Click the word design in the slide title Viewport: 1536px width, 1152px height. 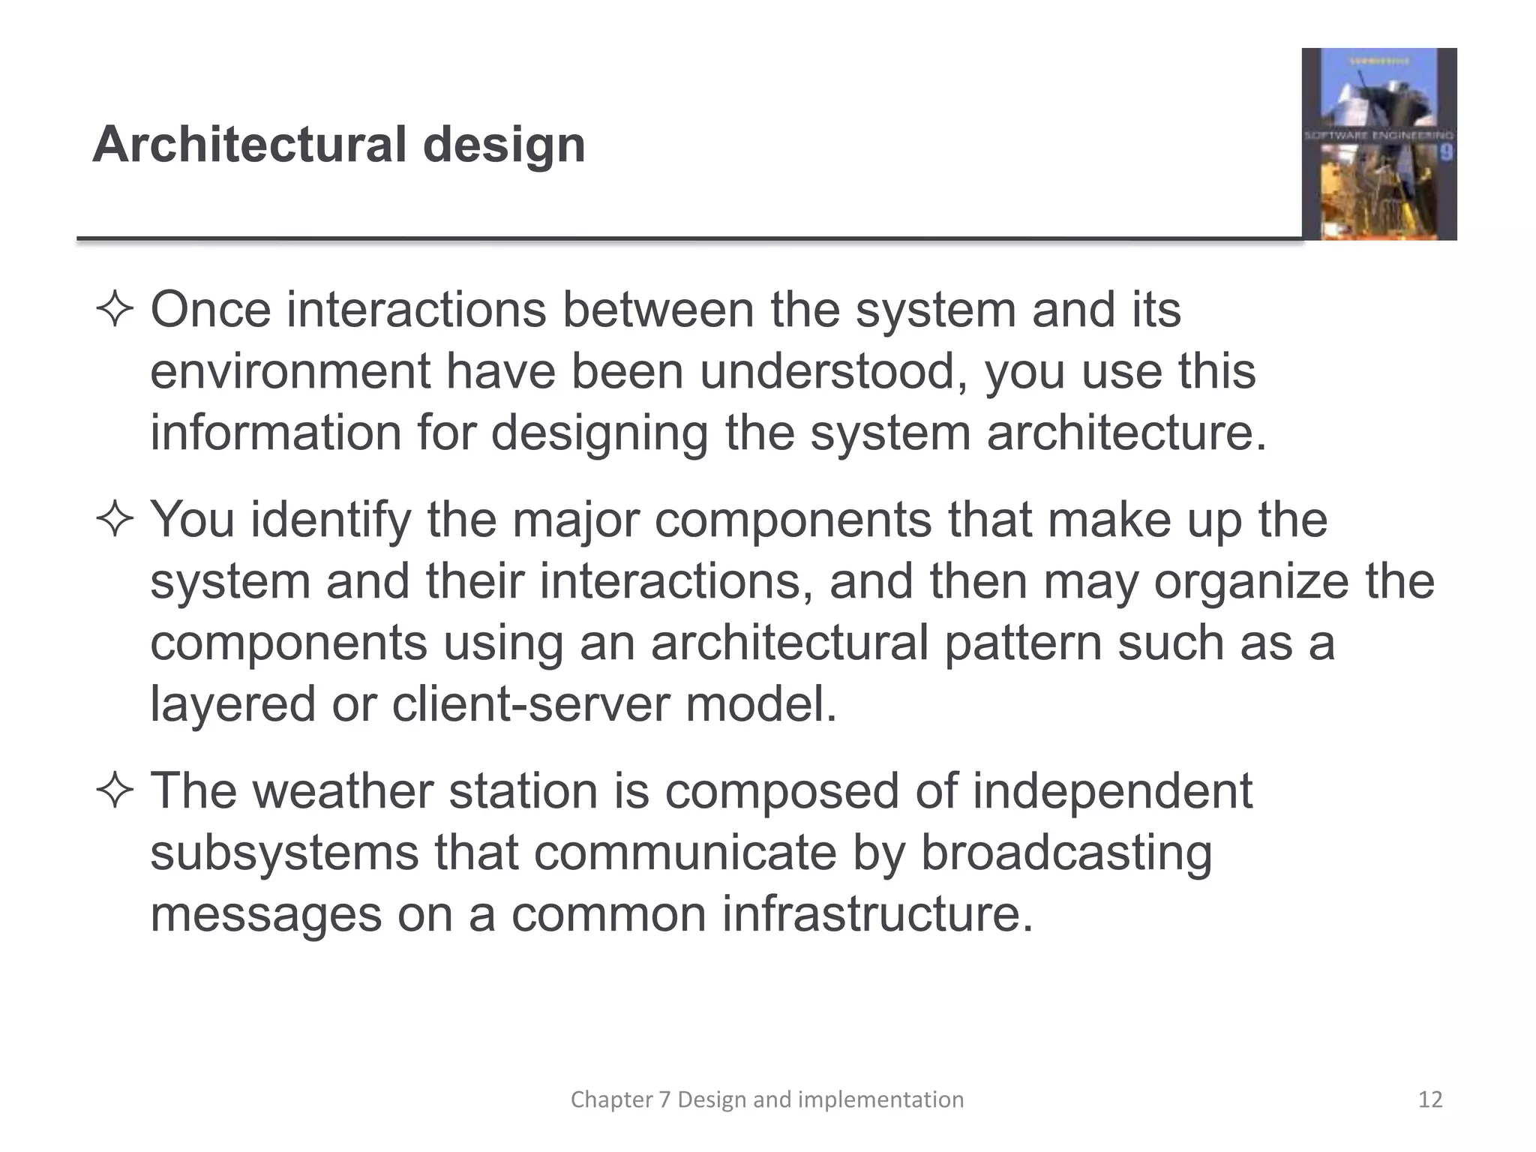pyautogui.click(x=504, y=145)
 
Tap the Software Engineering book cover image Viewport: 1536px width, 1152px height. pyautogui.click(x=1378, y=144)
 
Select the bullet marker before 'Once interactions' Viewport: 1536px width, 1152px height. pyautogui.click(x=114, y=310)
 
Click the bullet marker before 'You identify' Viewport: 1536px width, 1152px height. pyautogui.click(x=114, y=520)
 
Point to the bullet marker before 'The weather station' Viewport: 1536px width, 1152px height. pyautogui.click(x=114, y=791)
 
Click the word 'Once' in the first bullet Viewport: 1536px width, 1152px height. pyautogui.click(x=210, y=310)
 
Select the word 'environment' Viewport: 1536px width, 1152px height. pyautogui.click(x=290, y=372)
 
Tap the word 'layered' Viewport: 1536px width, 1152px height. pyautogui.click(x=232, y=705)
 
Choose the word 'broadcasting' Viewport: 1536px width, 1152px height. pyautogui.click(x=1066, y=853)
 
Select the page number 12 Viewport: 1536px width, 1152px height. pyautogui.click(x=1430, y=1099)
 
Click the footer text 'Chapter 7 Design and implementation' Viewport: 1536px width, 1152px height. pyautogui.click(x=767, y=1099)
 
